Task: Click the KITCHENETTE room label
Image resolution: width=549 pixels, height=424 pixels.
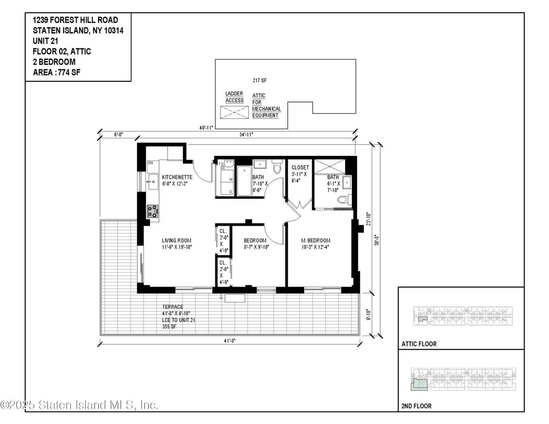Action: click(x=177, y=177)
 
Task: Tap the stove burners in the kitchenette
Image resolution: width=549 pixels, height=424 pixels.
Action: click(x=153, y=212)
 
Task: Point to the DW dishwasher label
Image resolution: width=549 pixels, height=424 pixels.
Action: click(x=150, y=163)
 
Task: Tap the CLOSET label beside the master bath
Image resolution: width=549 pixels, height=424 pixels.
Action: click(x=300, y=167)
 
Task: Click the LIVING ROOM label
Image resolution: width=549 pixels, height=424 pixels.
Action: click(x=176, y=241)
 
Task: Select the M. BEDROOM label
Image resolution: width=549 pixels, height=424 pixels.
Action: click(x=316, y=241)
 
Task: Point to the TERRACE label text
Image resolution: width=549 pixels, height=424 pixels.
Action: click(x=172, y=307)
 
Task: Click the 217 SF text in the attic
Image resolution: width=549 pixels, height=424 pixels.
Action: click(x=259, y=80)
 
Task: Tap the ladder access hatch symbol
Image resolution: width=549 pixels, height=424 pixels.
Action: click(x=234, y=112)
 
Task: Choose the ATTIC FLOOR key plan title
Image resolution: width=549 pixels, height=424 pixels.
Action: click(x=419, y=344)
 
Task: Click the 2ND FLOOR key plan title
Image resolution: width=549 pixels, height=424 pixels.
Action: click(x=416, y=405)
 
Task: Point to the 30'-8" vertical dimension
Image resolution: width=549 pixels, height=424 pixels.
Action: click(x=377, y=240)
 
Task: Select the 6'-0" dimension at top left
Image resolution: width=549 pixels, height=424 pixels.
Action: click(x=118, y=135)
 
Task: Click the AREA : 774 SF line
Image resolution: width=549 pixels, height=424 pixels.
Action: click(x=57, y=72)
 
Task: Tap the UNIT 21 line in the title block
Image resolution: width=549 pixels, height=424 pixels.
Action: click(x=46, y=41)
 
